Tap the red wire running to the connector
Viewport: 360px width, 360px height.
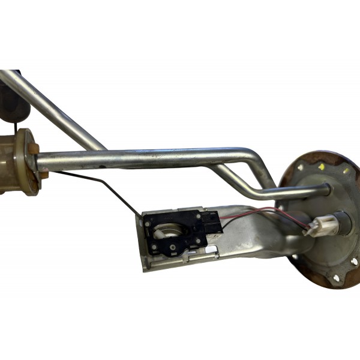(264, 211)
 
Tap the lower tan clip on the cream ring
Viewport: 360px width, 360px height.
(43, 175)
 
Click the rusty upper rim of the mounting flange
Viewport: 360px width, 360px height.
(306, 157)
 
